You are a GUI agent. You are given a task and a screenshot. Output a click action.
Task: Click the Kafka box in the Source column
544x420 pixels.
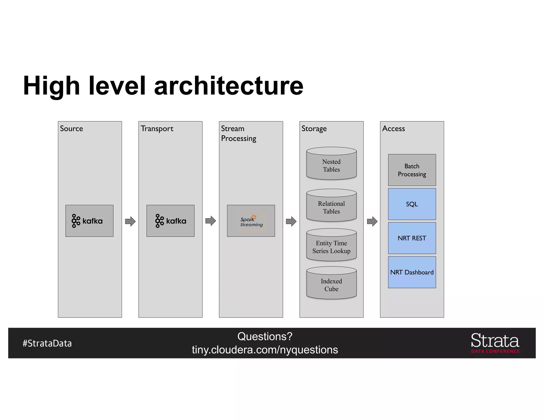(x=90, y=221)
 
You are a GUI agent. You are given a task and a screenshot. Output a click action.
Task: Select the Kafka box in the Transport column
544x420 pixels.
(x=170, y=221)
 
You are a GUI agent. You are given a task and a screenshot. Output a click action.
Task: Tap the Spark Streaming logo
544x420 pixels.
(x=251, y=221)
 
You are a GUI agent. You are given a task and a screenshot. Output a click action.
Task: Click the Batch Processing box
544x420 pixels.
(x=412, y=170)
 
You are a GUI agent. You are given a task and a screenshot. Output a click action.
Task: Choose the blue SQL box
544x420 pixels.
(x=412, y=204)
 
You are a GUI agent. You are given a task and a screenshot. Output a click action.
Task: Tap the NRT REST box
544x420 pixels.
(x=412, y=238)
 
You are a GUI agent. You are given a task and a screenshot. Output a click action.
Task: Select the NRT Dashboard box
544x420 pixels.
(x=412, y=272)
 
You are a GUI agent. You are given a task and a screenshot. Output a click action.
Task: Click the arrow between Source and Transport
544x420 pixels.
(x=130, y=221)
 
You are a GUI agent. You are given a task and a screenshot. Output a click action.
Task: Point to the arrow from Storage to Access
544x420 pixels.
(x=372, y=221)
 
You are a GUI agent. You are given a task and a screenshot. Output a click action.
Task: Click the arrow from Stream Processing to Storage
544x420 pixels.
(x=291, y=221)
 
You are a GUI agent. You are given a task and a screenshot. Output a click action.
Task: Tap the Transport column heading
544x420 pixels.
(x=157, y=129)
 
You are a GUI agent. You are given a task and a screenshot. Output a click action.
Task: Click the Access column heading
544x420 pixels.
(x=393, y=129)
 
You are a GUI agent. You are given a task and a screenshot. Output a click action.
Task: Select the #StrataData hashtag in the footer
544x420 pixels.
(x=47, y=343)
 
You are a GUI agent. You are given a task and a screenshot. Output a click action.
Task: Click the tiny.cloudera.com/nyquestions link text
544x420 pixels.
(x=265, y=350)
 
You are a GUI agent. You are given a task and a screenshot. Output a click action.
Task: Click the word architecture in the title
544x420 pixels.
(x=228, y=86)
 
